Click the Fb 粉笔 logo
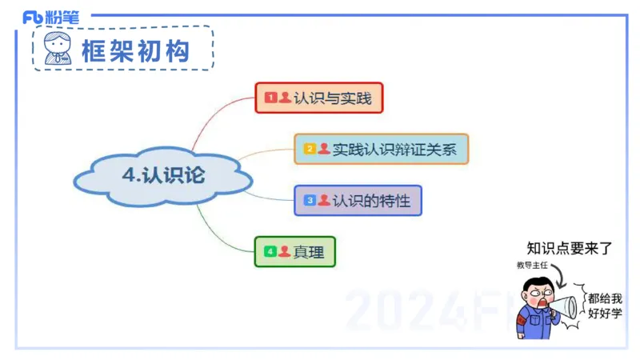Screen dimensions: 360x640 tap(50, 16)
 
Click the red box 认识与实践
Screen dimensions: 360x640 tap(318, 98)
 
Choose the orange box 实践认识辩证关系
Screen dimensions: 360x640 tap(381, 149)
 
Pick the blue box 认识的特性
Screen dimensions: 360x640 tap(357, 200)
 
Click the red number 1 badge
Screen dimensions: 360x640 tap(270, 98)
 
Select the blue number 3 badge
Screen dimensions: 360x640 tap(310, 200)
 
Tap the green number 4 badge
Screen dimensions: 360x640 tap(270, 252)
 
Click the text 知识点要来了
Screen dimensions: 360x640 tap(570, 248)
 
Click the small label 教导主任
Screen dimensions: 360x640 tap(530, 265)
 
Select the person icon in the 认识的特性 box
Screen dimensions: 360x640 tap(323, 200)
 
